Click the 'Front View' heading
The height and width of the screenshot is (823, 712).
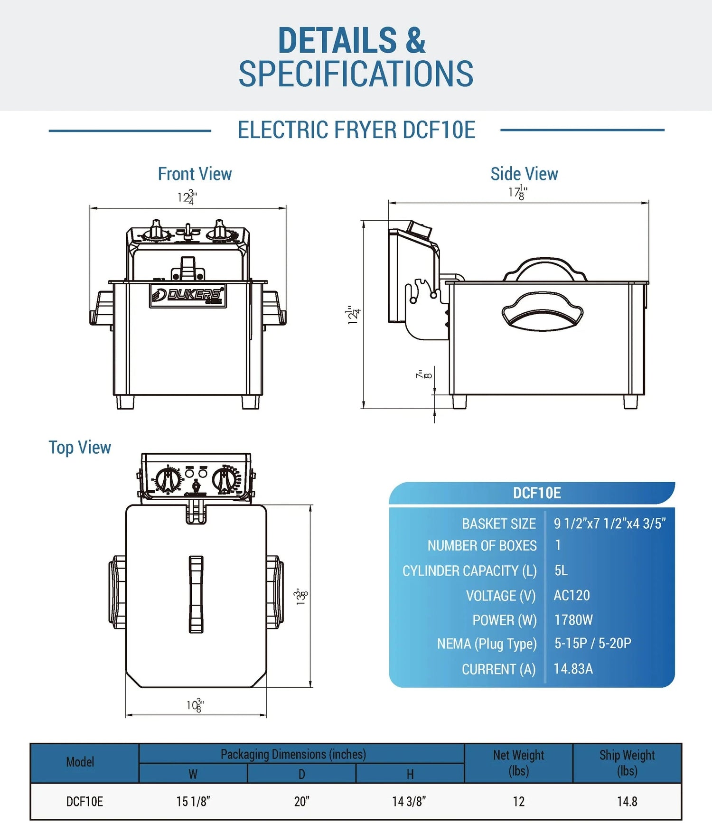[x=195, y=174]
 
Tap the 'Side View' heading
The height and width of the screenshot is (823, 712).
[x=524, y=174]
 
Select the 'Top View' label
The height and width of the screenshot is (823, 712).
[x=80, y=448]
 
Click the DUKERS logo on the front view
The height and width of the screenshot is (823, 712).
[x=188, y=295]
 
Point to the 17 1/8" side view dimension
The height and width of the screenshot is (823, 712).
[x=518, y=193]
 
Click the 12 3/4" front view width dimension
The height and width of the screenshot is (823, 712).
[x=187, y=197]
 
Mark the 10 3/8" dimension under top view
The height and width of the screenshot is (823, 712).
[x=195, y=705]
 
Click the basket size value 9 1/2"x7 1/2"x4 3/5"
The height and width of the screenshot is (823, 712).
[x=609, y=524]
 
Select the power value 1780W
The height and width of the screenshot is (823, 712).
[x=573, y=620]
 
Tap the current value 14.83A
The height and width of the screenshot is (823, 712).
[x=573, y=669]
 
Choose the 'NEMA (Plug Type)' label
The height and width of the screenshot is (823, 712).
[x=487, y=644]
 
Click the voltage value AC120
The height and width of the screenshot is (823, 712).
[x=571, y=595]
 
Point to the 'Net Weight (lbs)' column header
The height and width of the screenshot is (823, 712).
[x=518, y=763]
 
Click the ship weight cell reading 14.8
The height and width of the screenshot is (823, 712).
[x=627, y=802]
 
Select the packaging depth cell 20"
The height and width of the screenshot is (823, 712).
[x=301, y=802]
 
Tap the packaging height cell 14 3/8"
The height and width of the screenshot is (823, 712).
[x=409, y=802]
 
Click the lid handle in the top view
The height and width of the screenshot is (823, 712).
[x=196, y=594]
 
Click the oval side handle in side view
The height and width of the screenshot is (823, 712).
[x=542, y=312]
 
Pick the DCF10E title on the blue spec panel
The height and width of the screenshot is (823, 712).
[x=536, y=494]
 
